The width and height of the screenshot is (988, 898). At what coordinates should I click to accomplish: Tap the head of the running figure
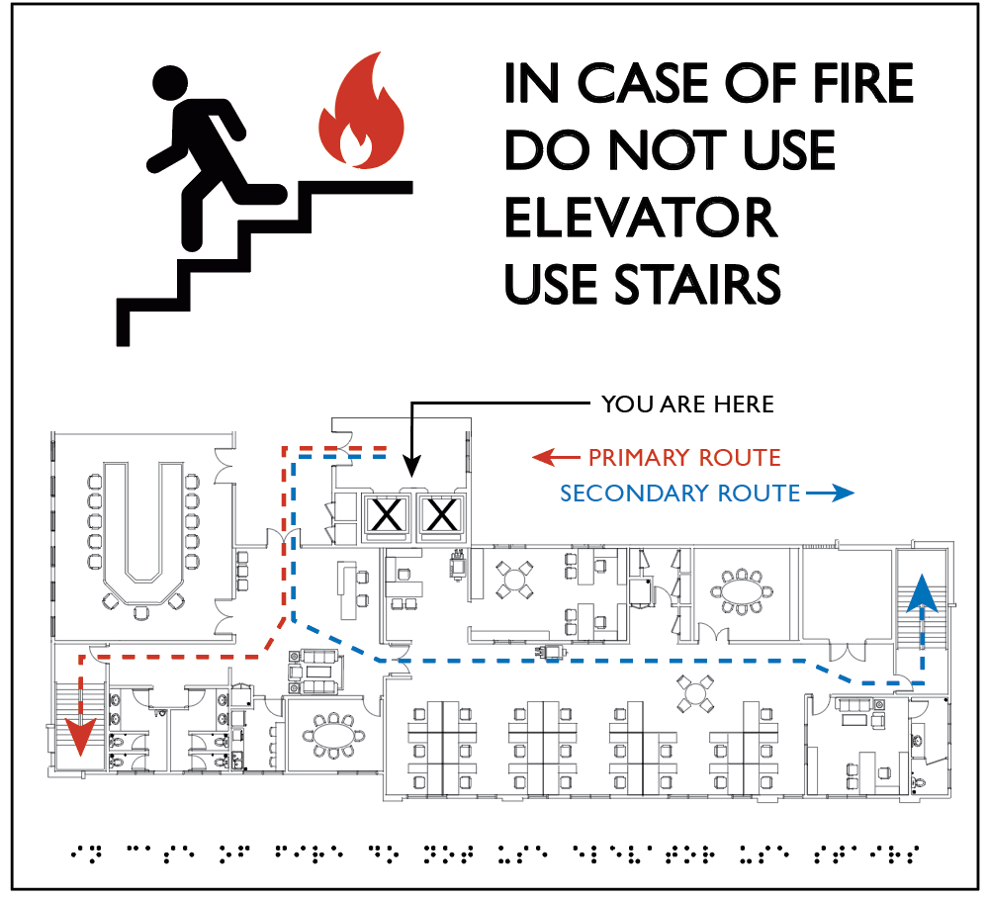(x=170, y=83)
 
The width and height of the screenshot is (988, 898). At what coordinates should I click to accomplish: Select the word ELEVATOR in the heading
(x=641, y=218)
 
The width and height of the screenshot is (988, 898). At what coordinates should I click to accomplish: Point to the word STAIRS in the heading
(x=697, y=285)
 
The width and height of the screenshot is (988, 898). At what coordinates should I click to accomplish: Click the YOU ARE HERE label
(x=687, y=404)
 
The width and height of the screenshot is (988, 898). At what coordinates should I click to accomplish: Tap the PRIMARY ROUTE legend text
(x=684, y=457)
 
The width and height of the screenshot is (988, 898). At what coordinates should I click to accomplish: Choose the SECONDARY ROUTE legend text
(x=679, y=493)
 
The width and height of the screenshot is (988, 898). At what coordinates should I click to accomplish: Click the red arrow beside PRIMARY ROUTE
(x=556, y=457)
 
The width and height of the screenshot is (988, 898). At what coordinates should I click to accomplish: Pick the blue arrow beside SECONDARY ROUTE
(x=830, y=493)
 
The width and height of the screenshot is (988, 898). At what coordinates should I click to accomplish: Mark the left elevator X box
(x=387, y=515)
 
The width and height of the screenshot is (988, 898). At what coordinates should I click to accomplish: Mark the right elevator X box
(x=442, y=515)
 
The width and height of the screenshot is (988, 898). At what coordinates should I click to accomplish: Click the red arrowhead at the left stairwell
(x=81, y=736)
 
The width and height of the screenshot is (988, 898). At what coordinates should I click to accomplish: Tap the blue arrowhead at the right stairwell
(x=922, y=593)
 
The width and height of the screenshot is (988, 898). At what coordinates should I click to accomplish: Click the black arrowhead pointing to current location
(x=410, y=467)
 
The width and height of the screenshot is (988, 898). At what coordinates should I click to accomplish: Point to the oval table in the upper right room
(x=741, y=592)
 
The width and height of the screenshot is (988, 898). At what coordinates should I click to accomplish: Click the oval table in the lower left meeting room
(x=333, y=735)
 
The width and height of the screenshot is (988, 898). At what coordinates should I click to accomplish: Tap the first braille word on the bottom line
(x=86, y=853)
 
